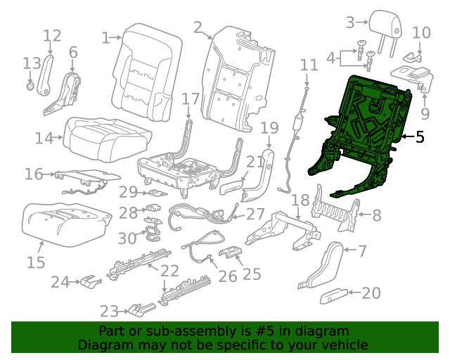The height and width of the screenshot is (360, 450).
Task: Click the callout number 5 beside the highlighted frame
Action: click(x=420, y=136)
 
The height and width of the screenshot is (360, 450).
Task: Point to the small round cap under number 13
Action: click(x=31, y=86)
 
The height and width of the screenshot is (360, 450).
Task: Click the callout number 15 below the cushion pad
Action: click(x=36, y=262)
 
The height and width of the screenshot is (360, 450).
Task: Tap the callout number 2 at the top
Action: click(x=198, y=27)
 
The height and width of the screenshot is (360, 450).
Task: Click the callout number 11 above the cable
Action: click(x=309, y=65)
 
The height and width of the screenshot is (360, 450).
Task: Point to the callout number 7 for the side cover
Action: click(x=362, y=250)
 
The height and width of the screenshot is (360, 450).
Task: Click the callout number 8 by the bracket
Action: click(x=376, y=216)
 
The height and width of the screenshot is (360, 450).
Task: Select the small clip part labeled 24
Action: click(x=89, y=282)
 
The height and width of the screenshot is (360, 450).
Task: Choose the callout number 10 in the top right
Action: click(x=420, y=32)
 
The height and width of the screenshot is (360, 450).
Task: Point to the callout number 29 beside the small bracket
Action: click(x=127, y=192)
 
